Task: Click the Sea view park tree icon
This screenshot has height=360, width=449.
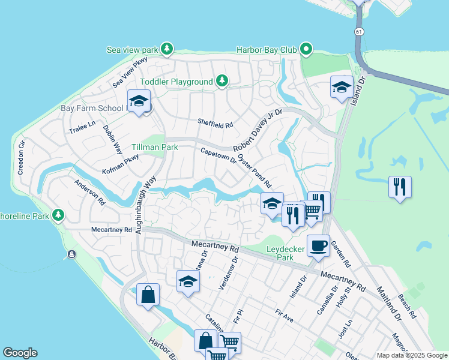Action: [x=167, y=48]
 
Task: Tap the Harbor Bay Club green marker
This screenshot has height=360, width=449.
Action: [x=307, y=49]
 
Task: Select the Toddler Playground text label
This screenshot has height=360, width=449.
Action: [x=176, y=82]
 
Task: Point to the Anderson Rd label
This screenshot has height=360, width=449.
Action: [x=89, y=193]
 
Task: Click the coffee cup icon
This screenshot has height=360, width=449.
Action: [x=318, y=245]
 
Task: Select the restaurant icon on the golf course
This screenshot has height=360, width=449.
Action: [x=399, y=186]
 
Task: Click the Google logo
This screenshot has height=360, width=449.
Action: [x=20, y=353]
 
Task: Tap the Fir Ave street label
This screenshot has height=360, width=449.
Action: [x=285, y=316]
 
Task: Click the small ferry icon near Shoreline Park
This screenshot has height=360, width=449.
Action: [x=72, y=254]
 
